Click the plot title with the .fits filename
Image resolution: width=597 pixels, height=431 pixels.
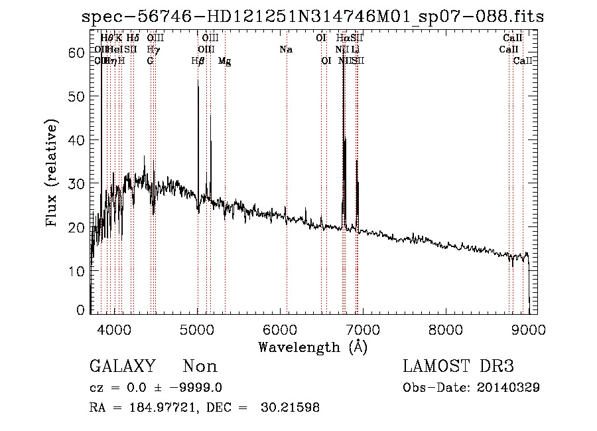[x=312, y=17]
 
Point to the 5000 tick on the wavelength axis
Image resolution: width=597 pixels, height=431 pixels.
[x=198, y=329]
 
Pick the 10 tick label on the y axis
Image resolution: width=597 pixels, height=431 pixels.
[x=77, y=271]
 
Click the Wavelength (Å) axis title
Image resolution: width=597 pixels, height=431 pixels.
[x=312, y=347]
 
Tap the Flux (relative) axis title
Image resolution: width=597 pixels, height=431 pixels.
[x=53, y=173]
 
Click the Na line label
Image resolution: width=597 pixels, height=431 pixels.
[x=286, y=49]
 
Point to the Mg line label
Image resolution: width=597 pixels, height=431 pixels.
[x=224, y=61]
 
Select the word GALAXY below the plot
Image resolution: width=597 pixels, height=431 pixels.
[x=123, y=367]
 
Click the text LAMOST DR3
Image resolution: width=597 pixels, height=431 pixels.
[x=458, y=367]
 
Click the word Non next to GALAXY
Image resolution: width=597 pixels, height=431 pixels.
[x=200, y=367]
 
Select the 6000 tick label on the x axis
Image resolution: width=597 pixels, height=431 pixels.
[x=280, y=329]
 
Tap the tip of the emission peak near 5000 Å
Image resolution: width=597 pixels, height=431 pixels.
[x=198, y=80]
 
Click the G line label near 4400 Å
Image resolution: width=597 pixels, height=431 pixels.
[x=151, y=61]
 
